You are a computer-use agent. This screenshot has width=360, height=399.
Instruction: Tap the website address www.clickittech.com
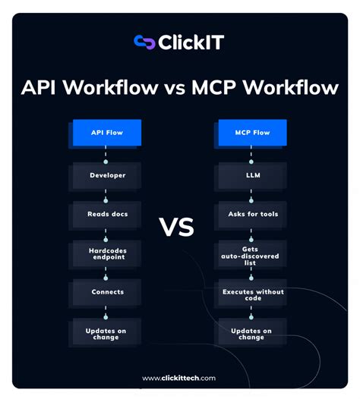[179, 378]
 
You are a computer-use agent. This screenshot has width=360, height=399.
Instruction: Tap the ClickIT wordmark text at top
[191, 42]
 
